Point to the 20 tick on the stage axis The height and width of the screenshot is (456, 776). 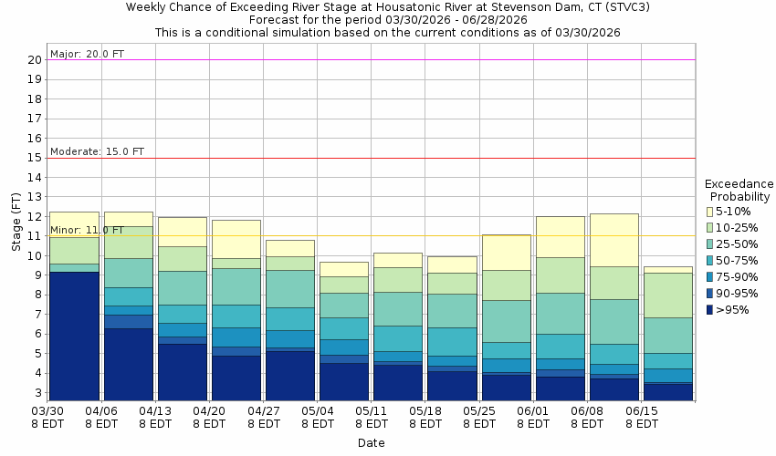[x=34, y=60]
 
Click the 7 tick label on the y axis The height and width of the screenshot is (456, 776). [x=37, y=315]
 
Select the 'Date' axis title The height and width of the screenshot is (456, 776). [x=371, y=443]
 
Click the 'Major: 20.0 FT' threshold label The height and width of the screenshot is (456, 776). [x=87, y=54]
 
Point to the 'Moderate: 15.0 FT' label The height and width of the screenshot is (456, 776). [x=97, y=151]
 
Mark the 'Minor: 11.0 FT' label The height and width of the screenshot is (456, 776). [x=88, y=230]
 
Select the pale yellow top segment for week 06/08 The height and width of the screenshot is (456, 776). [x=613, y=240]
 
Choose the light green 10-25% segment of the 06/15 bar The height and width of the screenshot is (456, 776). [x=667, y=295]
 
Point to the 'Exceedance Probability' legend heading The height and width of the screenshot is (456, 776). [x=738, y=190]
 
